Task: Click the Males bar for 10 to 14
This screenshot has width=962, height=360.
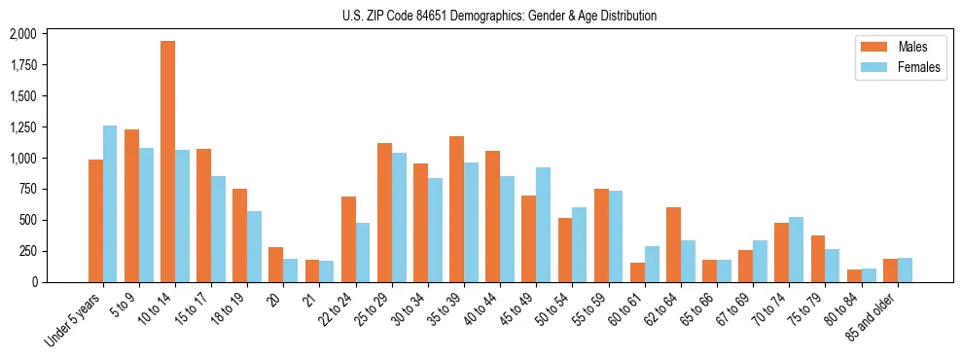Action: click(168, 162)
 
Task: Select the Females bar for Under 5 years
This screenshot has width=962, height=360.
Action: click(110, 204)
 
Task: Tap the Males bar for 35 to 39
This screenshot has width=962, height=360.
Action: click(456, 209)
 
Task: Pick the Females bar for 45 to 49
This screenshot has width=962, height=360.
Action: click(543, 225)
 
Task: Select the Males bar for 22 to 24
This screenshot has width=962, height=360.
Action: click(348, 239)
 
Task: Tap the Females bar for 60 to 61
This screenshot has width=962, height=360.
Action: click(652, 264)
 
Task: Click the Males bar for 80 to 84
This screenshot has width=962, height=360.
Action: click(853, 275)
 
